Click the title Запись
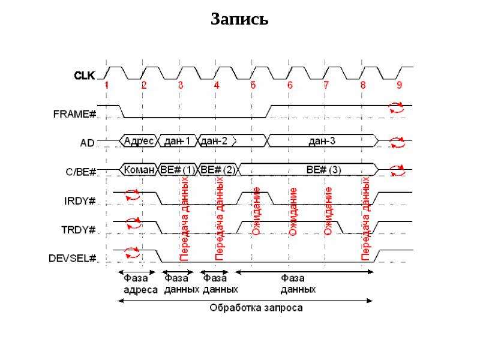click(x=239, y=19)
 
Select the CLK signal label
click(x=84, y=76)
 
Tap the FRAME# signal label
click(x=74, y=114)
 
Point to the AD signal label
click(x=87, y=143)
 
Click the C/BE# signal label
click(x=81, y=172)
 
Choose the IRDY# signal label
click(x=80, y=201)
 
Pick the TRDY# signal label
click(x=79, y=230)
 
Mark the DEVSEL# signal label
click(x=72, y=259)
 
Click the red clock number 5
click(x=253, y=85)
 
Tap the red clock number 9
click(x=399, y=85)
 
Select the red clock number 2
click(x=144, y=85)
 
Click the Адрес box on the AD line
click(x=139, y=141)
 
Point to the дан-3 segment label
click(x=322, y=140)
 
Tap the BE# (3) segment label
click(x=323, y=170)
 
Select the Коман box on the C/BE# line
click(x=139, y=170)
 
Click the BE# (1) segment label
click(x=178, y=170)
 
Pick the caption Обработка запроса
click(x=256, y=308)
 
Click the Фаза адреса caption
click(x=140, y=284)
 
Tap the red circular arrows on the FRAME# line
click(x=397, y=107)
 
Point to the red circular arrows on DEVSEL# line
click(x=132, y=253)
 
